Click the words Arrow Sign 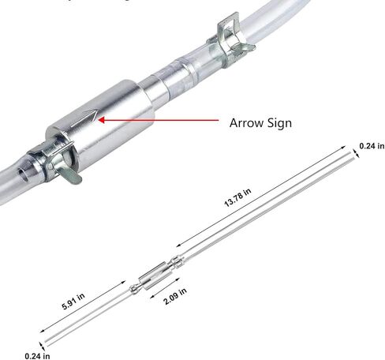click(260, 123)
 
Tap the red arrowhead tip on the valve click(99, 120)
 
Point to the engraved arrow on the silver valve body click(84, 118)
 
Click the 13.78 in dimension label click(237, 197)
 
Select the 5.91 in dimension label click(73, 301)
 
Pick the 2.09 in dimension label click(175, 296)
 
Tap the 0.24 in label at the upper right click(372, 146)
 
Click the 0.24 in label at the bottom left click(37, 356)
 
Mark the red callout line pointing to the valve click(159, 120)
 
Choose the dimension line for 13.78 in click(261, 197)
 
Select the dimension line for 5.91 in click(83, 307)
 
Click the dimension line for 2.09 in click(165, 288)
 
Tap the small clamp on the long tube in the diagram click(177, 262)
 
